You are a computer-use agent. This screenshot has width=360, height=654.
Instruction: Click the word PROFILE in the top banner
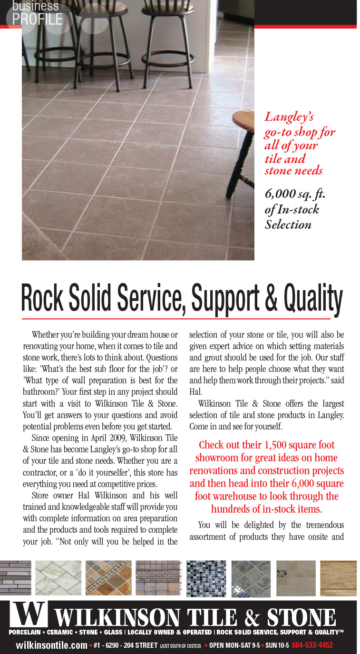37,19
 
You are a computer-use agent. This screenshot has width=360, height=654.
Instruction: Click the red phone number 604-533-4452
312,645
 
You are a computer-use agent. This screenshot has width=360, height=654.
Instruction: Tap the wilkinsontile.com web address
51,645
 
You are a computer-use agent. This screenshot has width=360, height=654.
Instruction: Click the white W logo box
28,614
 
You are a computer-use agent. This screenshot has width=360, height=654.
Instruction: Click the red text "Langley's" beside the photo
289,117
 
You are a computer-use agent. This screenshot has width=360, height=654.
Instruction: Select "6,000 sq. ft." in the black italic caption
295,195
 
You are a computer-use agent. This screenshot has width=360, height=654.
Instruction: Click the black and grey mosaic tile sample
205,578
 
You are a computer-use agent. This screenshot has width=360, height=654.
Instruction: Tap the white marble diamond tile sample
58,578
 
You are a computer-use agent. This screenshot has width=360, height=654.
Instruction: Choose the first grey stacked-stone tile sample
15,578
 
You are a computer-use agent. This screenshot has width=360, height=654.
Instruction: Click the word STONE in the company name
301,617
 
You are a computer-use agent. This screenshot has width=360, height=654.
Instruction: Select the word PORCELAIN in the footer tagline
26,632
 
